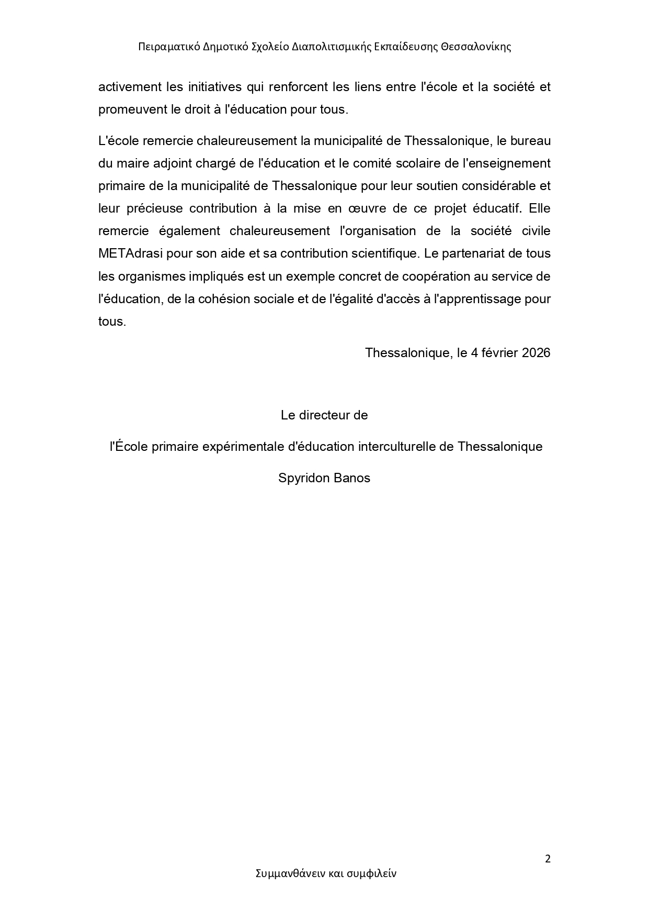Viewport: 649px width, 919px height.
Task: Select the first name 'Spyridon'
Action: click(301, 479)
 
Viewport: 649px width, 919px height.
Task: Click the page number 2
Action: click(548, 859)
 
